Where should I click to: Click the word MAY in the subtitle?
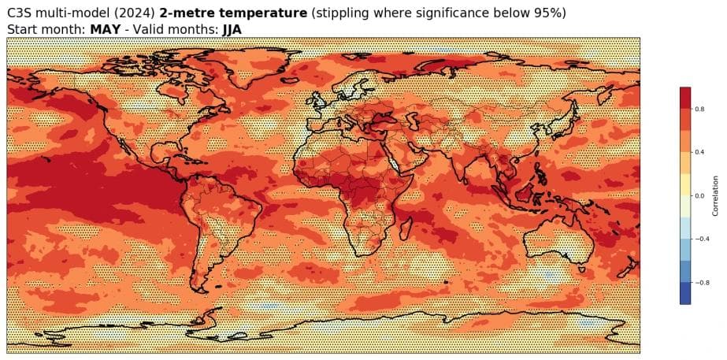click(x=106, y=28)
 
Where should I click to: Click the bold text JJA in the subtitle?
click(x=232, y=28)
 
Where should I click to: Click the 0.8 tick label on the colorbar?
click(x=699, y=109)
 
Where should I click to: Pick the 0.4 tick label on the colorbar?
click(x=699, y=152)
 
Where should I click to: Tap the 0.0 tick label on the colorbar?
click(x=699, y=195)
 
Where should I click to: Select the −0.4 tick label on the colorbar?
click(x=699, y=239)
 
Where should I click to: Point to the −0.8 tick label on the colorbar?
click(x=699, y=282)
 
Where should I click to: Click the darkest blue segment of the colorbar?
click(x=685, y=293)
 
